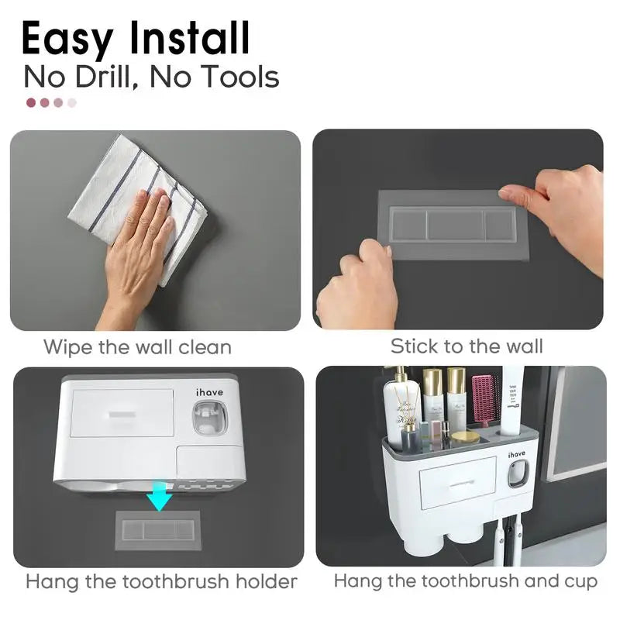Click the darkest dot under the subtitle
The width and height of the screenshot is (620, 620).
(x=31, y=102)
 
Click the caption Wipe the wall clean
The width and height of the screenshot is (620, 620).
(x=137, y=346)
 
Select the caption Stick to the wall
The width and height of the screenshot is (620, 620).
(x=467, y=346)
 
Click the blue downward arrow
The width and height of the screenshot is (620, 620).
(x=160, y=497)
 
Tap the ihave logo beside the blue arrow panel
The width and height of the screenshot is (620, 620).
(x=209, y=392)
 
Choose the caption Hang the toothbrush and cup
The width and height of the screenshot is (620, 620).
(x=466, y=580)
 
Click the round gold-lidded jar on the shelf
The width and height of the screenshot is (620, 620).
(x=465, y=438)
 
